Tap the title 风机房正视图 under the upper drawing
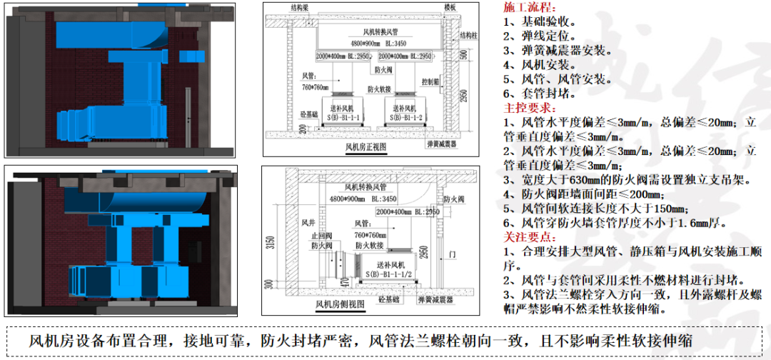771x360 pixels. click(365, 147)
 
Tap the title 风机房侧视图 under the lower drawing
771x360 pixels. click(340, 304)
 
